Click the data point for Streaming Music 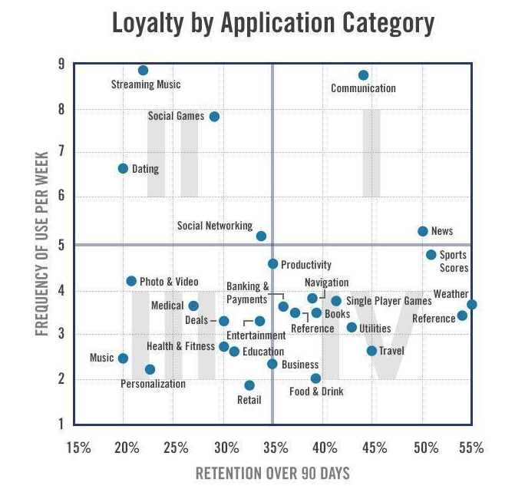(x=143, y=70)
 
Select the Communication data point (x=363, y=75)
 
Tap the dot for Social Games (x=214, y=117)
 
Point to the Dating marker (x=123, y=168)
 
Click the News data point (x=422, y=231)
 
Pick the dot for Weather (x=471, y=305)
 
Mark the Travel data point (x=371, y=351)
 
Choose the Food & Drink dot (x=315, y=378)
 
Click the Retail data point (x=249, y=385)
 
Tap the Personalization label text (x=154, y=384)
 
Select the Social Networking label (x=215, y=226)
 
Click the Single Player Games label (x=388, y=302)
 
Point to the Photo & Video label (x=169, y=282)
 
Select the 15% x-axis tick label (x=79, y=448)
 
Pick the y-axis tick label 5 (x=61, y=244)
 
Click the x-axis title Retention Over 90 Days (x=272, y=472)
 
